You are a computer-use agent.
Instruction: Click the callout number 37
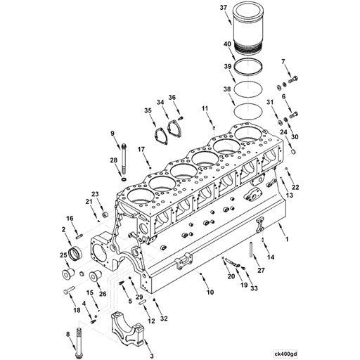pos(224,8)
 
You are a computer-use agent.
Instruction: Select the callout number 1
pos(286,239)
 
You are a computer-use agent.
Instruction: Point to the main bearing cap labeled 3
pos(128,328)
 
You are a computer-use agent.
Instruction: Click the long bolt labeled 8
pos(78,342)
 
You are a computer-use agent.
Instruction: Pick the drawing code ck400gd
pos(285,354)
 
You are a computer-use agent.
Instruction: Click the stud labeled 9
pos(124,160)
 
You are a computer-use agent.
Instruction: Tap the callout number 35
pos(148,110)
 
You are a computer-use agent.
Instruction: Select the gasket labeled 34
pos(174,128)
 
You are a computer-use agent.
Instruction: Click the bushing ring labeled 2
pos(75,252)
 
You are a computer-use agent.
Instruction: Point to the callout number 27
pos(261,270)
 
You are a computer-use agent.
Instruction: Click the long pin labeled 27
pos(251,250)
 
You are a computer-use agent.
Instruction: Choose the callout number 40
pos(227,44)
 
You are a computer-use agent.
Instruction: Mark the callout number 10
pos(210,292)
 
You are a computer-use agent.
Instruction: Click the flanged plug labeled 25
pos(68,274)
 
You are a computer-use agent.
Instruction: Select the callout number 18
pos(77,310)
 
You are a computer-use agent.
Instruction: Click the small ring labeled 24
pos(293,152)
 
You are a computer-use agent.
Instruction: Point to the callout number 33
pos(254,288)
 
